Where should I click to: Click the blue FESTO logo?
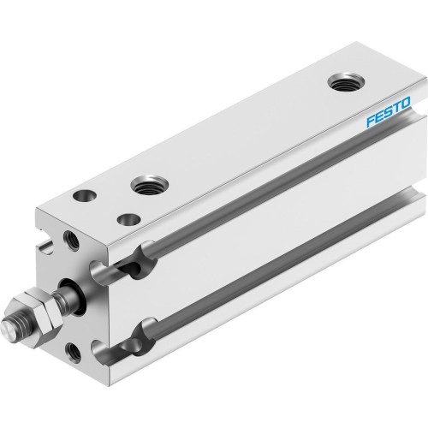pos(388,114)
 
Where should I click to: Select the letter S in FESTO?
pos(388,114)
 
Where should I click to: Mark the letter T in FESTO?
pos(395,109)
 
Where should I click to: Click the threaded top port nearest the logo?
pos(347,84)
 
